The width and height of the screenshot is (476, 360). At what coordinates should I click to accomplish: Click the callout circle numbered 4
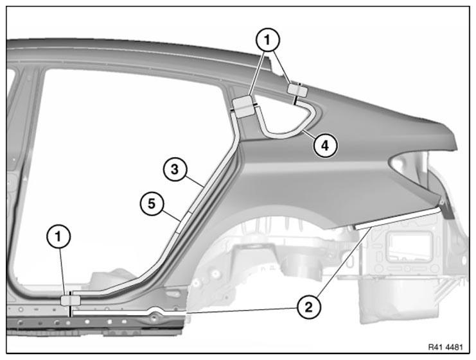pos(325,146)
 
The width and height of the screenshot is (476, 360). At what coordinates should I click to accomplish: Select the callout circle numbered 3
pos(175,169)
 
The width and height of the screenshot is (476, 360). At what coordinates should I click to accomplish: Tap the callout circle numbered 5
pos(152,203)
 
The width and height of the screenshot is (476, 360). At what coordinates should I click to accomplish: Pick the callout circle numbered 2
pos(309,307)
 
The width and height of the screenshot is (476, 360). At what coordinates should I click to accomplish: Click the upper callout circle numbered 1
pos(267,40)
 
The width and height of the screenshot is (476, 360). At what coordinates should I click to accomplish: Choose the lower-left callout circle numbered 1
pos(58,236)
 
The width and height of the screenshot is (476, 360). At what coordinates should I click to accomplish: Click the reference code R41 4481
pos(445,347)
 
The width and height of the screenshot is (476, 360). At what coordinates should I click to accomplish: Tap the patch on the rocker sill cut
pos(71,300)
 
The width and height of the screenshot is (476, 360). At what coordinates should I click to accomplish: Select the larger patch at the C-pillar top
pos(243,107)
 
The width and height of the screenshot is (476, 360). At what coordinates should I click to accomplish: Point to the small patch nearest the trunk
pos(297,89)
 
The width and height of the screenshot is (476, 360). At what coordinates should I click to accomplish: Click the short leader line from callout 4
pos(310,134)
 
